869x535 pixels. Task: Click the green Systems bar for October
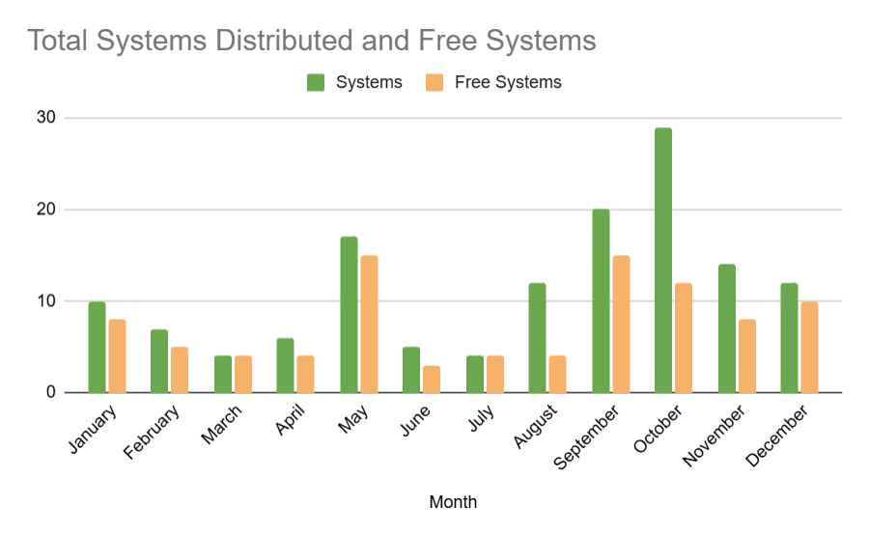(663, 261)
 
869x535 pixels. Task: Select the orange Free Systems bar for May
(369, 324)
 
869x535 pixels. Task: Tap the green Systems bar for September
(601, 301)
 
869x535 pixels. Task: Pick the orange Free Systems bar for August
(558, 375)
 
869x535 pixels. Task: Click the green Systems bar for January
(97, 348)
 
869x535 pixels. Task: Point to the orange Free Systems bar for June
(432, 380)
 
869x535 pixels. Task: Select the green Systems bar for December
(789, 338)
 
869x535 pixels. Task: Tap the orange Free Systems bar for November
(746, 356)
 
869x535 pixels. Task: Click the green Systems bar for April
(285, 366)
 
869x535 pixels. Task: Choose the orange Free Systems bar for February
(180, 370)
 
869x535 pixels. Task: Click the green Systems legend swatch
(316, 83)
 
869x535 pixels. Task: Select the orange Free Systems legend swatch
(434, 83)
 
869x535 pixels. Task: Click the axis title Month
(453, 502)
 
